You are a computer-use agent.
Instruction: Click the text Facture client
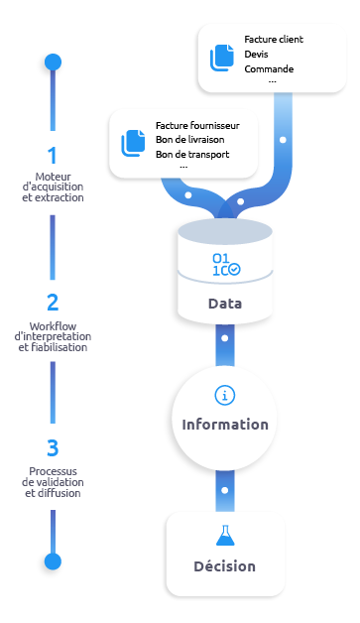[274, 40]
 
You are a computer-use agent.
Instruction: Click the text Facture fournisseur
[205, 126]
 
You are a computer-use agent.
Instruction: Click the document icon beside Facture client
[221, 57]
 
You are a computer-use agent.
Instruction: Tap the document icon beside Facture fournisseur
[133, 143]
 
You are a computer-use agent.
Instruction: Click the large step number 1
[52, 155]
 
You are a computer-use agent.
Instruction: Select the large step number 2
[52, 303]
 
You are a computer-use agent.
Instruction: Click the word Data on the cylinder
[225, 304]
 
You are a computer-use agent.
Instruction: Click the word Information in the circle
[225, 425]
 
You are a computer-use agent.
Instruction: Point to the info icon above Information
[225, 395]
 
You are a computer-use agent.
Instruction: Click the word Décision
[224, 566]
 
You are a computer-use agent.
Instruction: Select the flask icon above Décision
[224, 536]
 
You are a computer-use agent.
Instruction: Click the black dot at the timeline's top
[52, 63]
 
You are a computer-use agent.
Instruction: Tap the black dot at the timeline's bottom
[52, 562]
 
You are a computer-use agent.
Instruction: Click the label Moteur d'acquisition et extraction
[52, 187]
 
